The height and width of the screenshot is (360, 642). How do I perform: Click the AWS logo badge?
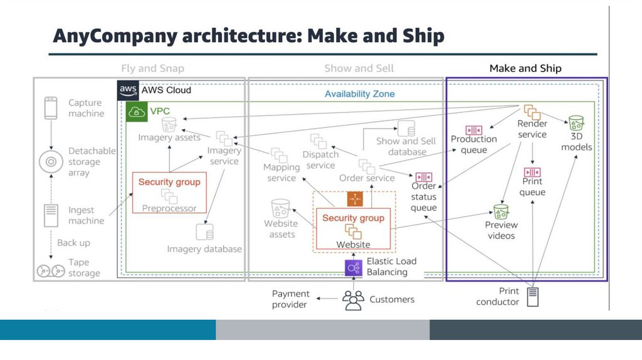click(x=129, y=90)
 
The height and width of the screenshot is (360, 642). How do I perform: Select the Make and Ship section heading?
click(x=525, y=68)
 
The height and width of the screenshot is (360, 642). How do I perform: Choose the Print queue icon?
click(x=532, y=172)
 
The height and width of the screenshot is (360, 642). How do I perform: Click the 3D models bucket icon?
click(x=576, y=122)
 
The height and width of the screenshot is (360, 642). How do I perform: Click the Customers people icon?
click(x=354, y=300)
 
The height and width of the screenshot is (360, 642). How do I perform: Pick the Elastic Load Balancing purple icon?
click(x=354, y=268)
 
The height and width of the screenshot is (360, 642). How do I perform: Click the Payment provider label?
click(x=290, y=299)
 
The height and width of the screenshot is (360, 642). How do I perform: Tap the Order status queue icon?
click(x=424, y=177)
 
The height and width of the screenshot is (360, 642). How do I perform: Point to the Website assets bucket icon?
click(x=280, y=209)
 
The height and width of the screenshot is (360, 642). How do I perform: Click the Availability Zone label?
click(x=359, y=94)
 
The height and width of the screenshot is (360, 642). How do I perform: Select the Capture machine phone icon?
click(x=51, y=108)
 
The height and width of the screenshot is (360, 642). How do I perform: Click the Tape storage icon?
click(x=50, y=271)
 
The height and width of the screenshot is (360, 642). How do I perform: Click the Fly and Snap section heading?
click(x=152, y=68)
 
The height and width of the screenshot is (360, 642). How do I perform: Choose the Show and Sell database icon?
click(x=408, y=129)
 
